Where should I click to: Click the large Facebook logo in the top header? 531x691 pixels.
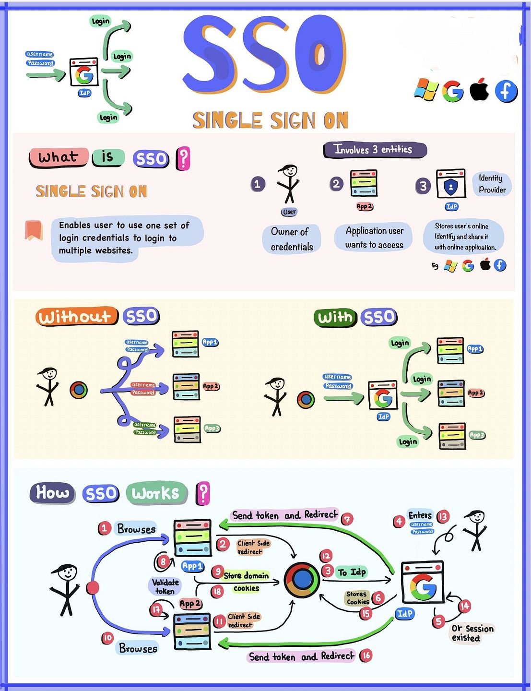click(506, 91)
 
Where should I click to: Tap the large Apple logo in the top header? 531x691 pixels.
click(479, 90)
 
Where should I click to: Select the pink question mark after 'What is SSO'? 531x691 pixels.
click(183, 159)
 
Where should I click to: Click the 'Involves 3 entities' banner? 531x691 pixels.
click(374, 150)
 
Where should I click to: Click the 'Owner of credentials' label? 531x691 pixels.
click(292, 239)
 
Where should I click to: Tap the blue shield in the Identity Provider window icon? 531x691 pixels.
click(450, 186)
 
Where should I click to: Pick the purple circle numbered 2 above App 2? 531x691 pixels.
click(336, 184)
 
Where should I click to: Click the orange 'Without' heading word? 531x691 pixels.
click(76, 317)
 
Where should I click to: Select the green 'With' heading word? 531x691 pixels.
click(335, 317)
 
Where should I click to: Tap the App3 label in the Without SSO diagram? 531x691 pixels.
click(212, 428)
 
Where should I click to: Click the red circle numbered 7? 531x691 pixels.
click(347, 519)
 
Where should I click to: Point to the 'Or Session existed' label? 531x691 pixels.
click(472, 633)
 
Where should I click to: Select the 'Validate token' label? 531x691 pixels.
click(165, 586)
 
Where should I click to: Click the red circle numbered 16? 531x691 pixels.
click(366, 655)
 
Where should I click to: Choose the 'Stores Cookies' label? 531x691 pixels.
click(358, 597)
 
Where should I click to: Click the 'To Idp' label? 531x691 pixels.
click(352, 572)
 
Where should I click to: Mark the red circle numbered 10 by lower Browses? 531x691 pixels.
click(107, 638)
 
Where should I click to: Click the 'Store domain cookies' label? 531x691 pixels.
click(246, 582)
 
